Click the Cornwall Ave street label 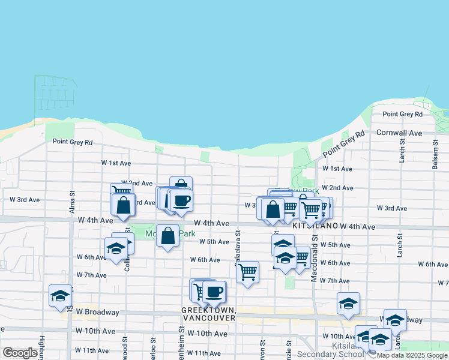399,133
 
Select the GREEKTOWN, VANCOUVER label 208,314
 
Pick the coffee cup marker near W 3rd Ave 181,200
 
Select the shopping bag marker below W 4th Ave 168,235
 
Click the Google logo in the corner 20,353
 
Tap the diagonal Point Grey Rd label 343,145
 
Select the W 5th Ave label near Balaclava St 214,242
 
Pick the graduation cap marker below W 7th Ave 348,304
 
